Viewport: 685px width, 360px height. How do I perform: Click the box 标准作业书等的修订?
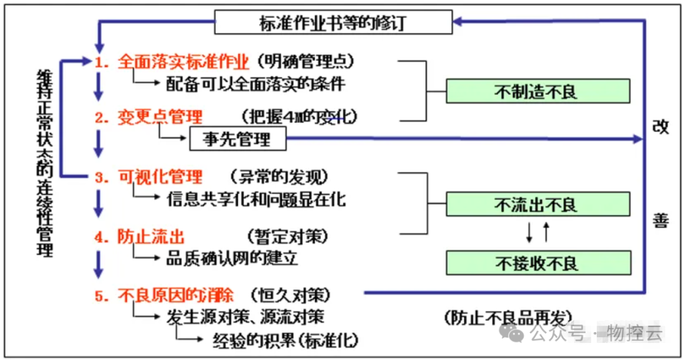(332, 22)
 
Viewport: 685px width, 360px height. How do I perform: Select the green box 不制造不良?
(538, 91)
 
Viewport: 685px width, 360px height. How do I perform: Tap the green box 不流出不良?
(538, 204)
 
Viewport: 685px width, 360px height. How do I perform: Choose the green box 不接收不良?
(538, 262)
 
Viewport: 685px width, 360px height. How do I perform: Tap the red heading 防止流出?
(151, 236)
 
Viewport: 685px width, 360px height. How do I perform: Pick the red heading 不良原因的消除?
(176, 295)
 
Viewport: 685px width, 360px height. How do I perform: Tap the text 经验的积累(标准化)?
(285, 340)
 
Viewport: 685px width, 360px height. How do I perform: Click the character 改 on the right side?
(660, 127)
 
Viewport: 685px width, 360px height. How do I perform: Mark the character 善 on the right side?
(660, 221)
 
